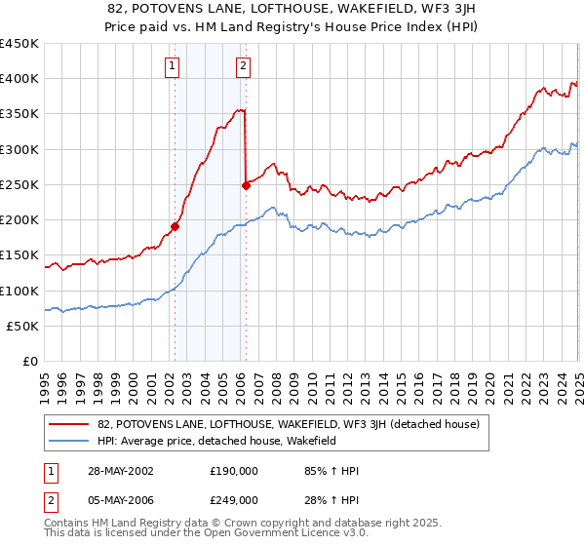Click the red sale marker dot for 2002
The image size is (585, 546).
point(175,226)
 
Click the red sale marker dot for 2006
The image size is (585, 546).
point(246,185)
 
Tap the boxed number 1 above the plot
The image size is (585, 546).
point(173,66)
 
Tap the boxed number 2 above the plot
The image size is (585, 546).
point(242,66)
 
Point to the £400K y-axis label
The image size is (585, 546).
point(19,79)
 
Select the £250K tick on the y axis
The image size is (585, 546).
point(19,184)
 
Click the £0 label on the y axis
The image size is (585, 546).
point(29,361)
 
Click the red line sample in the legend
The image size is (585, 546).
point(69,425)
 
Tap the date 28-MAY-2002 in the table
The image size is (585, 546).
point(116,470)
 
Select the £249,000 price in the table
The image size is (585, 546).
point(233,501)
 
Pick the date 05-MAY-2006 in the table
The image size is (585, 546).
point(116,501)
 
